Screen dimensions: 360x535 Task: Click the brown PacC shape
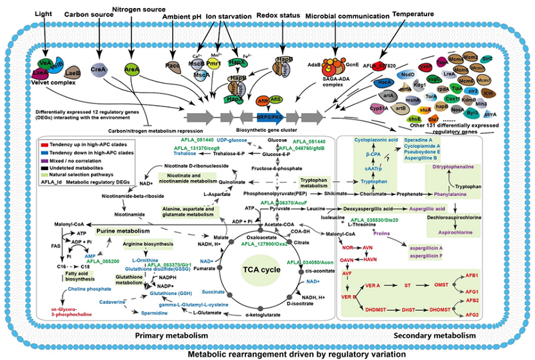coord(174,67)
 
